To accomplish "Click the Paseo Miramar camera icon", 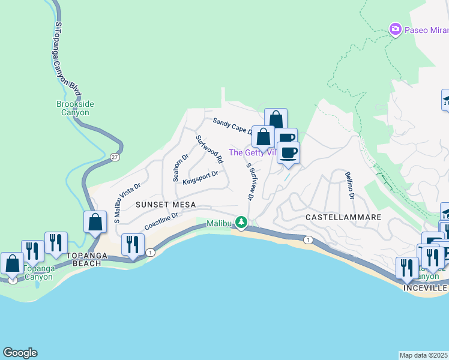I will tap(395, 28).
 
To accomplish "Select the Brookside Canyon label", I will tap(75, 108).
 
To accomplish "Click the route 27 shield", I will tap(114, 157).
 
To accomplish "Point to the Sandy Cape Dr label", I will tap(234, 125).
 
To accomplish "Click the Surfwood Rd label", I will tap(209, 149).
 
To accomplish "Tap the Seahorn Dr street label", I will tap(177, 167).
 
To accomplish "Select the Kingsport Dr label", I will tap(200, 178).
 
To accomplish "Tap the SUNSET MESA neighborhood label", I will tap(166, 205).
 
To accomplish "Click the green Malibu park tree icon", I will tap(241, 223).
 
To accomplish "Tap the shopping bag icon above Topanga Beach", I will tap(95, 222).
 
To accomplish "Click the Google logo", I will tap(20, 353).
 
